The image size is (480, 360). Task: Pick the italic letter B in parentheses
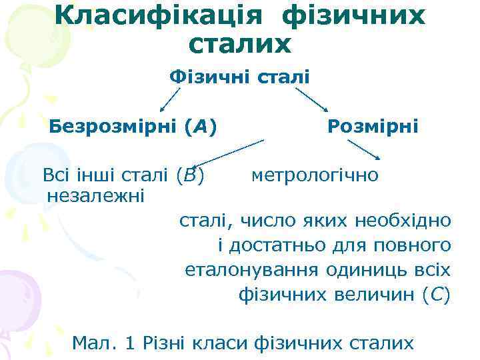point(191,176)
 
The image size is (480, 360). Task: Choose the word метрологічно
point(315,176)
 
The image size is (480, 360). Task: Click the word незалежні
point(97,195)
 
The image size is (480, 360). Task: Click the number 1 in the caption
point(131,343)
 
